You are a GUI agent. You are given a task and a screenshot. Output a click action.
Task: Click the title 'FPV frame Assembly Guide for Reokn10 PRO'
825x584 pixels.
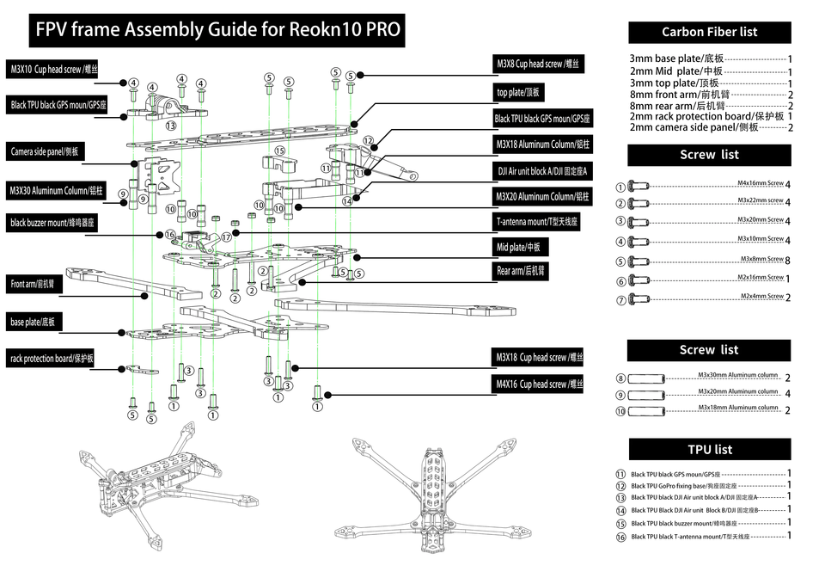click(217, 30)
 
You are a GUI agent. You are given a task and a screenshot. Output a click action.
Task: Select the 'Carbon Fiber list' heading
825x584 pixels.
click(709, 32)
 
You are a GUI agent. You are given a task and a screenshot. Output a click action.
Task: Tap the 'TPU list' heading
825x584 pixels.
click(709, 449)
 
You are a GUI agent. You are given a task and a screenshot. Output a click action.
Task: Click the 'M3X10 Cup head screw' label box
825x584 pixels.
click(54, 69)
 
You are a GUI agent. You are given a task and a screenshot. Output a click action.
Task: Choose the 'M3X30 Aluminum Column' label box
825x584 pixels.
click(57, 190)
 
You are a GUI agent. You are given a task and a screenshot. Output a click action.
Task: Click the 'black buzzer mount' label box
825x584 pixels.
click(53, 223)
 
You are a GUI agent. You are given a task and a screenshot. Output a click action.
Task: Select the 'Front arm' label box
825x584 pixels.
click(33, 283)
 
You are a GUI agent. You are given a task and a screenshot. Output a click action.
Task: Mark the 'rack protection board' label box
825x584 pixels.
click(52, 358)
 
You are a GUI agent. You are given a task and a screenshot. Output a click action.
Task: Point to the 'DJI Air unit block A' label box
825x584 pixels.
click(543, 170)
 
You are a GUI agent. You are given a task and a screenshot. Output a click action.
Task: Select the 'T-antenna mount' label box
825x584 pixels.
click(537, 221)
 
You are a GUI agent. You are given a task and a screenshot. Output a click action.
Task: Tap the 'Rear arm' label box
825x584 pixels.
click(522, 270)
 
